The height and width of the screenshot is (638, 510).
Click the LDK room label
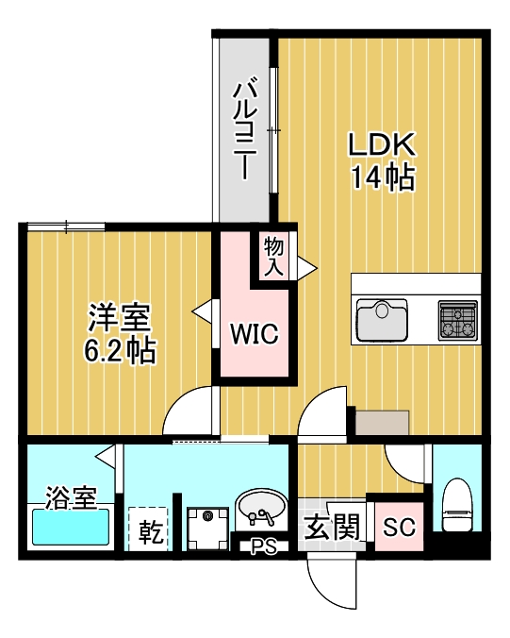382,143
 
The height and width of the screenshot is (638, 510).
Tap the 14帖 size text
383,177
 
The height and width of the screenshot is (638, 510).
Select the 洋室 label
120,318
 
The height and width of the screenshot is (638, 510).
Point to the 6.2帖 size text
120,350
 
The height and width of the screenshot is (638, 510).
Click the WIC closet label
255,334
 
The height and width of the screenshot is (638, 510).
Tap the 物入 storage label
273,257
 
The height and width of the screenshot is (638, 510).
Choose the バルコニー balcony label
245,130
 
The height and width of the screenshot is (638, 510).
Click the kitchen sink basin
382,320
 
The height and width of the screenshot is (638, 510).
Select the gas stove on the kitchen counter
457,320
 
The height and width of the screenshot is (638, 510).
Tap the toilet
457,505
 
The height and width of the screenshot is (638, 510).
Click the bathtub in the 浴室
71,527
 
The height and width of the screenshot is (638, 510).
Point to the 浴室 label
71,497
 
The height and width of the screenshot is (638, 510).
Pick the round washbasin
260,509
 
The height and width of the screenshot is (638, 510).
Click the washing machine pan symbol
207,529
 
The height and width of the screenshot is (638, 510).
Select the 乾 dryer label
151,532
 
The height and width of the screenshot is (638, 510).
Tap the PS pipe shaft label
263,546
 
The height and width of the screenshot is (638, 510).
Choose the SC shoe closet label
400,528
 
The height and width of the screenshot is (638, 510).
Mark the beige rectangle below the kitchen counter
382,423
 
